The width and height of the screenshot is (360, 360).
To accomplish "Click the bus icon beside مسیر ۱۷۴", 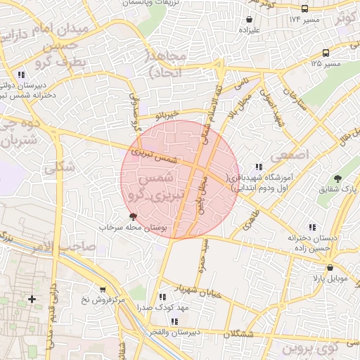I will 304,9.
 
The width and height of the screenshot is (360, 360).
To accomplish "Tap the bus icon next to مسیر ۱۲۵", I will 326,53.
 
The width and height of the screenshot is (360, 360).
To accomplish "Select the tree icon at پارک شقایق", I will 337,178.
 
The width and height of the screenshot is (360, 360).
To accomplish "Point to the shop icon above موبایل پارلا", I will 330,267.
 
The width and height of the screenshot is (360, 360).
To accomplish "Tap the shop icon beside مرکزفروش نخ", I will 103,289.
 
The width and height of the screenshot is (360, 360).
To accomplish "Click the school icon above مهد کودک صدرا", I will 163,297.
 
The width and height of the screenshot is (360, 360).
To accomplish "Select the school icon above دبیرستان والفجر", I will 176,320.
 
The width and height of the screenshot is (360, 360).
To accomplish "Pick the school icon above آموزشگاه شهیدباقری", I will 259,167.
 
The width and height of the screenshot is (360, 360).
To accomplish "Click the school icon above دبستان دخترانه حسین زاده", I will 312,226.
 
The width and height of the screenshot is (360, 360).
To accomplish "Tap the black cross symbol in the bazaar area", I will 32,300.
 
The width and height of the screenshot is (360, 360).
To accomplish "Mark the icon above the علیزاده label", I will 250,20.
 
